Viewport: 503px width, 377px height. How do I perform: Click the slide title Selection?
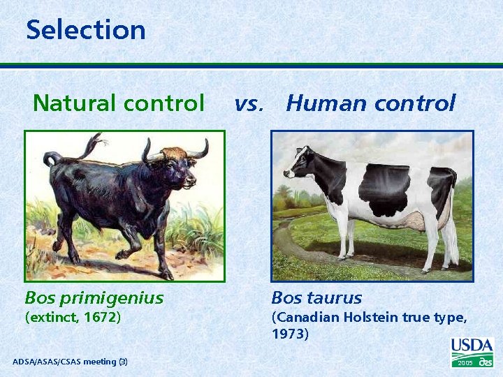coord(86,30)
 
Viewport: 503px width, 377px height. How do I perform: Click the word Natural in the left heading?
coord(75,103)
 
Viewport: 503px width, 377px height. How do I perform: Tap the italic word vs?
coord(249,104)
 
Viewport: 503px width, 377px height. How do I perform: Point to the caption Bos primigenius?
coord(94,298)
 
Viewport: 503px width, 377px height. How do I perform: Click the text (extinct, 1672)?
coord(73,318)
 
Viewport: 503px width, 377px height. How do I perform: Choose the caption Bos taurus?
coord(316,298)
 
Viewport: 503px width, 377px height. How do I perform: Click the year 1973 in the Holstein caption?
coord(290,334)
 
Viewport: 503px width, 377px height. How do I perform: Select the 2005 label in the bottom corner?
coord(465,364)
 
